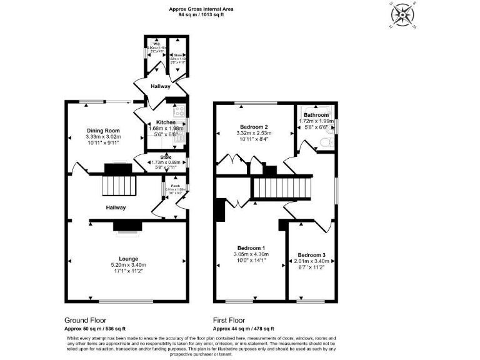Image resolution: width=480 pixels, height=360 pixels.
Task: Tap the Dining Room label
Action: [103, 131]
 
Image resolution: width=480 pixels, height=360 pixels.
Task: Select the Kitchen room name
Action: [166, 122]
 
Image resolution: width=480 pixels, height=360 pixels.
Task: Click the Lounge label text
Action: [128, 258]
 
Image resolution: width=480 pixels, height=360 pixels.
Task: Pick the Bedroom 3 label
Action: [311, 255]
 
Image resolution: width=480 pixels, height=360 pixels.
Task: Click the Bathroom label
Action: [316, 115]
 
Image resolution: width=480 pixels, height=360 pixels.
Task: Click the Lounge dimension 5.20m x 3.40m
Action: [128, 265]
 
